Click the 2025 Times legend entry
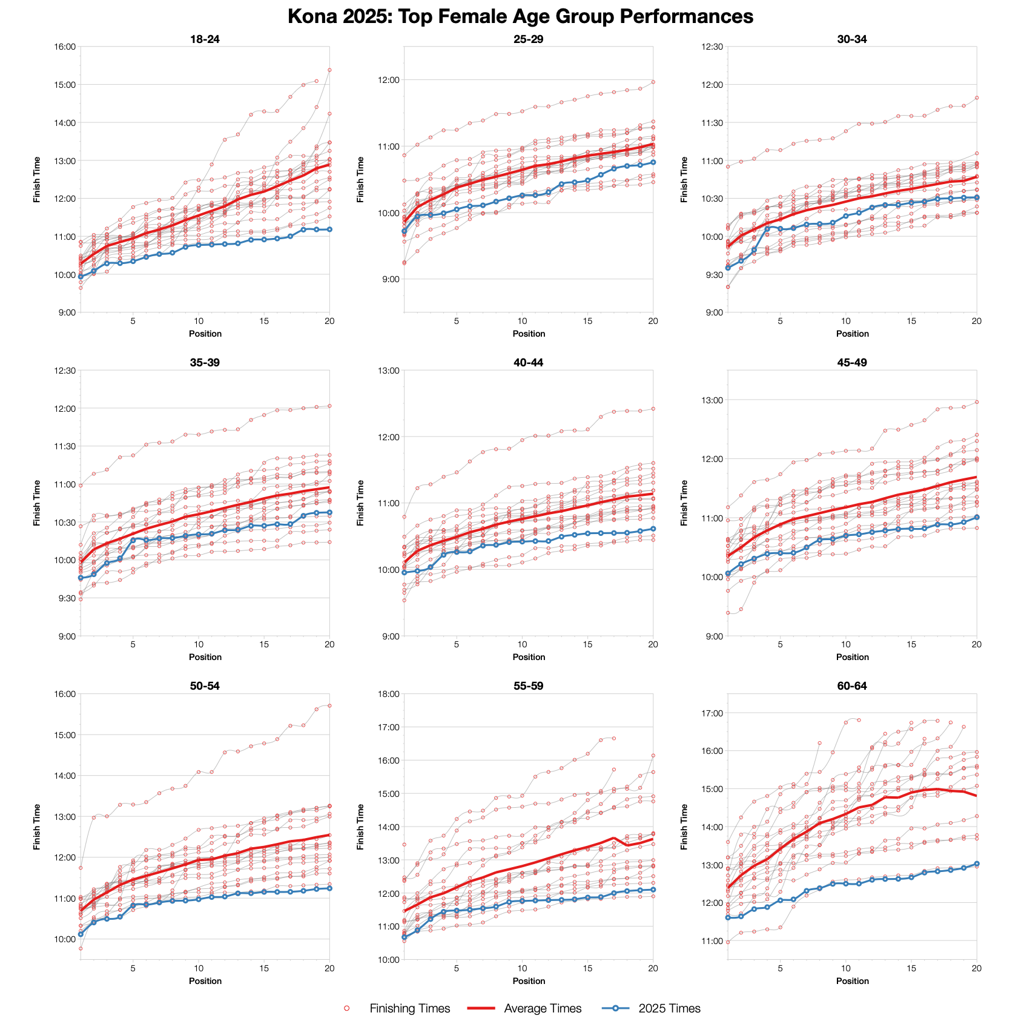point(669,1008)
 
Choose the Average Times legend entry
point(542,1008)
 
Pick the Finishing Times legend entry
point(409,1008)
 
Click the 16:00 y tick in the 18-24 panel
point(65,47)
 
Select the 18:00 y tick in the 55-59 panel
point(388,694)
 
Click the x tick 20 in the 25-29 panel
point(653,321)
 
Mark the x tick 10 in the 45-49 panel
point(845,644)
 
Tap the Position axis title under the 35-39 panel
point(205,657)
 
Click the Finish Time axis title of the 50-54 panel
point(38,827)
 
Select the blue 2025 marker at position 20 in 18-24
point(329,230)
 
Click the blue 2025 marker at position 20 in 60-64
point(977,864)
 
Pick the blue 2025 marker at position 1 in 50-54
point(81,934)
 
